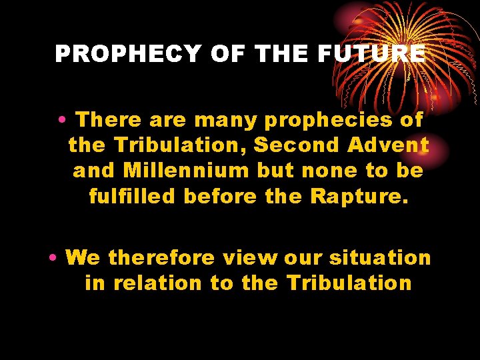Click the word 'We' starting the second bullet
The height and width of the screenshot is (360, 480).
point(83,257)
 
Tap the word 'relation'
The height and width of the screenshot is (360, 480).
point(157,283)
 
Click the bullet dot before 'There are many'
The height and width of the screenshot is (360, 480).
point(61,121)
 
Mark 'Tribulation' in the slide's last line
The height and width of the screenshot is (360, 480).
point(349,283)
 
